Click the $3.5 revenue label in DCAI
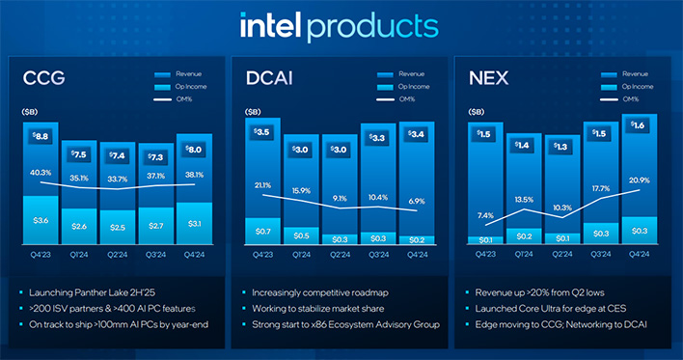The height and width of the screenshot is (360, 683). [262, 131]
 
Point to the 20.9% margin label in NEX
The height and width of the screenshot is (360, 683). [639, 181]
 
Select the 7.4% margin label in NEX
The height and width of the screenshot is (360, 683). [484, 216]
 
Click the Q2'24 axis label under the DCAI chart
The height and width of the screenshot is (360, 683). [340, 253]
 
